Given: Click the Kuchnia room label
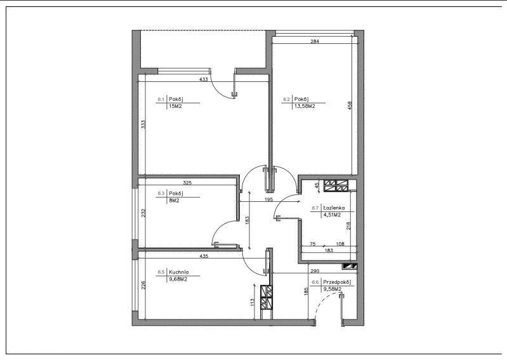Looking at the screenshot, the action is (x=178, y=272).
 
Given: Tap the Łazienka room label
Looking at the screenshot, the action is (x=334, y=208).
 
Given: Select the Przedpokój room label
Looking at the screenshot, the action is (x=337, y=282).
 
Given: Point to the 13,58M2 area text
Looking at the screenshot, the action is (x=305, y=106).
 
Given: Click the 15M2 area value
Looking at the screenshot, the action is (x=175, y=106).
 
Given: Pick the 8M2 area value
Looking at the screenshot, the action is (x=174, y=201).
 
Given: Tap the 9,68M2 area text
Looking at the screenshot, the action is (x=178, y=279).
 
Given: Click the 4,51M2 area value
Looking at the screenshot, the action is (x=332, y=215).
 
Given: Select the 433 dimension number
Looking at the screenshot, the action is (x=204, y=79).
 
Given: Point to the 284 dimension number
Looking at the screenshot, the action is (x=315, y=41).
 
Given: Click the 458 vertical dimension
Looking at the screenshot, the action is (x=350, y=106).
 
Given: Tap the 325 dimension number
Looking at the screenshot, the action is (x=187, y=183).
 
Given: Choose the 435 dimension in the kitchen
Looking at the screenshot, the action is (x=204, y=256).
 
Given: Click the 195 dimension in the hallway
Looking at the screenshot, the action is (x=268, y=199).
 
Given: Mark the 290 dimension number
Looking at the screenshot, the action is (x=315, y=271).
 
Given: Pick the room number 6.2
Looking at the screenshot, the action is (x=286, y=99).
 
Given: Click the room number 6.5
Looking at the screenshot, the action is (x=161, y=272).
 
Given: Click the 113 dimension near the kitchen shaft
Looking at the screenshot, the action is (x=253, y=302).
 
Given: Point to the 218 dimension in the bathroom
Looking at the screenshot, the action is (x=348, y=225).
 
